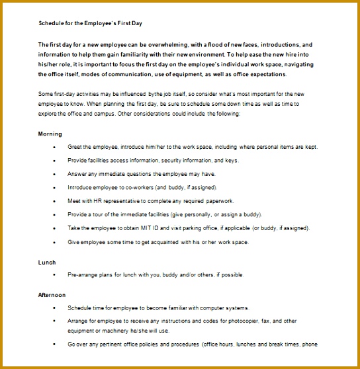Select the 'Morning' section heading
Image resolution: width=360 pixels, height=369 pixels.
50,134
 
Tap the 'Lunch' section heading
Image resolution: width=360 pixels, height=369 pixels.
47,262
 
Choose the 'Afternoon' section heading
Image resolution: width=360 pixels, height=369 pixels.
52,294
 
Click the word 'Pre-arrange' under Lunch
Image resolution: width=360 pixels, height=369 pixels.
83,274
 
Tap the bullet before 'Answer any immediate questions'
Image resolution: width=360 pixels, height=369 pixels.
54,174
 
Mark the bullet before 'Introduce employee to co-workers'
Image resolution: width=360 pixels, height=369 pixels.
54,188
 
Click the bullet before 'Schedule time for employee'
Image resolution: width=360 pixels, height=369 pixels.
54,308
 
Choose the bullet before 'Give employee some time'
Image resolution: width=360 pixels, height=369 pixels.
54,242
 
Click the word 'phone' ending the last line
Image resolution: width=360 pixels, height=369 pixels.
309,345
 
